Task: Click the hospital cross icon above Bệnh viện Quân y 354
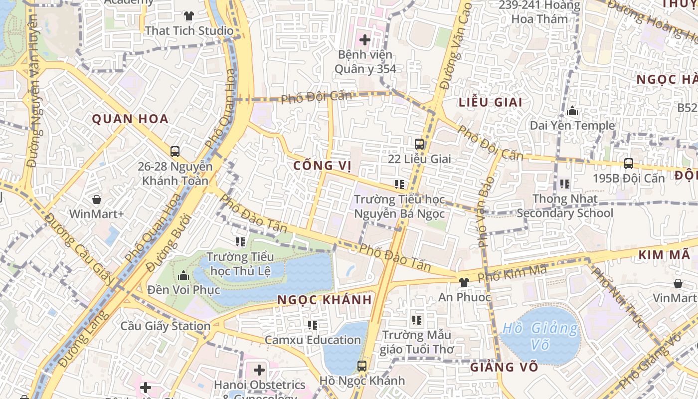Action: point(365,39)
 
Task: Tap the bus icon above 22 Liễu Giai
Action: point(419,144)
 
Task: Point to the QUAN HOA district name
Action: point(130,119)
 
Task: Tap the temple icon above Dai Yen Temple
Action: point(572,111)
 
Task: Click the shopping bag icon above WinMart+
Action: point(97,199)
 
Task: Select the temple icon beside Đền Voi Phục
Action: point(183,275)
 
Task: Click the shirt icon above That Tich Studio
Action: point(189,16)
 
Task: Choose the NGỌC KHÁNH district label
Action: point(325,300)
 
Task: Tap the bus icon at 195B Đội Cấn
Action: point(629,163)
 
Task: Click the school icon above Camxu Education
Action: point(313,325)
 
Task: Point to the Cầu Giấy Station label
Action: point(166,326)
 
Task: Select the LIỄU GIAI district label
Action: point(490,102)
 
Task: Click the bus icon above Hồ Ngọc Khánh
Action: point(362,366)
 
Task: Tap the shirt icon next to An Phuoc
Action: point(464,282)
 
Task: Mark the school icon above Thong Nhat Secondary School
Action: point(565,184)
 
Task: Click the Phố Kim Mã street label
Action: point(512,273)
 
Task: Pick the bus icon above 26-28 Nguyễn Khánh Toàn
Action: point(175,151)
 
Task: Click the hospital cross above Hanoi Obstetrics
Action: point(259,370)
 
